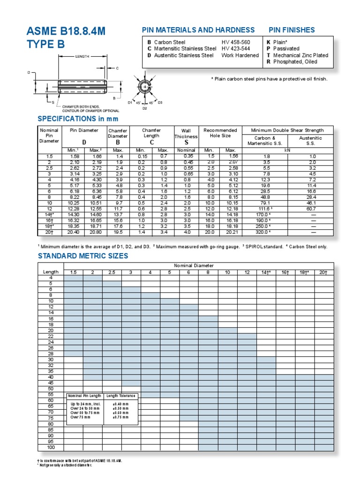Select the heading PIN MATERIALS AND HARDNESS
(198, 30)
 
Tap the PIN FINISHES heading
(292, 30)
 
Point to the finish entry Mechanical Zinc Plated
(300, 55)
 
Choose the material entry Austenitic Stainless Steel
(180, 55)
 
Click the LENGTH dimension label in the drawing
(82, 56)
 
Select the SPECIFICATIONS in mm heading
(78, 119)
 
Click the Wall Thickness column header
(187, 136)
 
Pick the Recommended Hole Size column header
(220, 133)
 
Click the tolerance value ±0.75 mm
(120, 417)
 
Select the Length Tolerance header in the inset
(120, 396)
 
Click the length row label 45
(51, 383)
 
